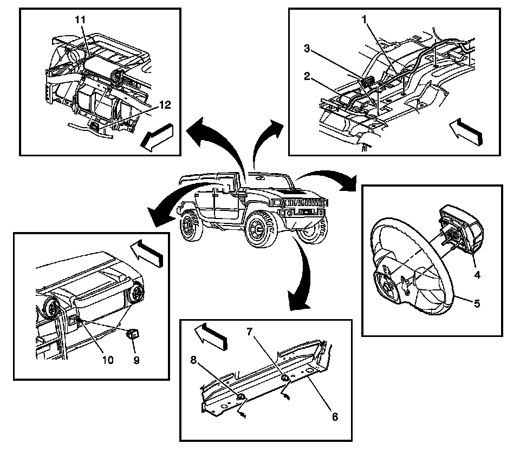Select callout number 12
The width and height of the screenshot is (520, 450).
166,105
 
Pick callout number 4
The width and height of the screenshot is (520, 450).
477,274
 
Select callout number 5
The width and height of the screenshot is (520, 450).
477,303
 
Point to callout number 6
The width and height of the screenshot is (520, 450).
335,417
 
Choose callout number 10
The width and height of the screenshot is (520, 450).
108,360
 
